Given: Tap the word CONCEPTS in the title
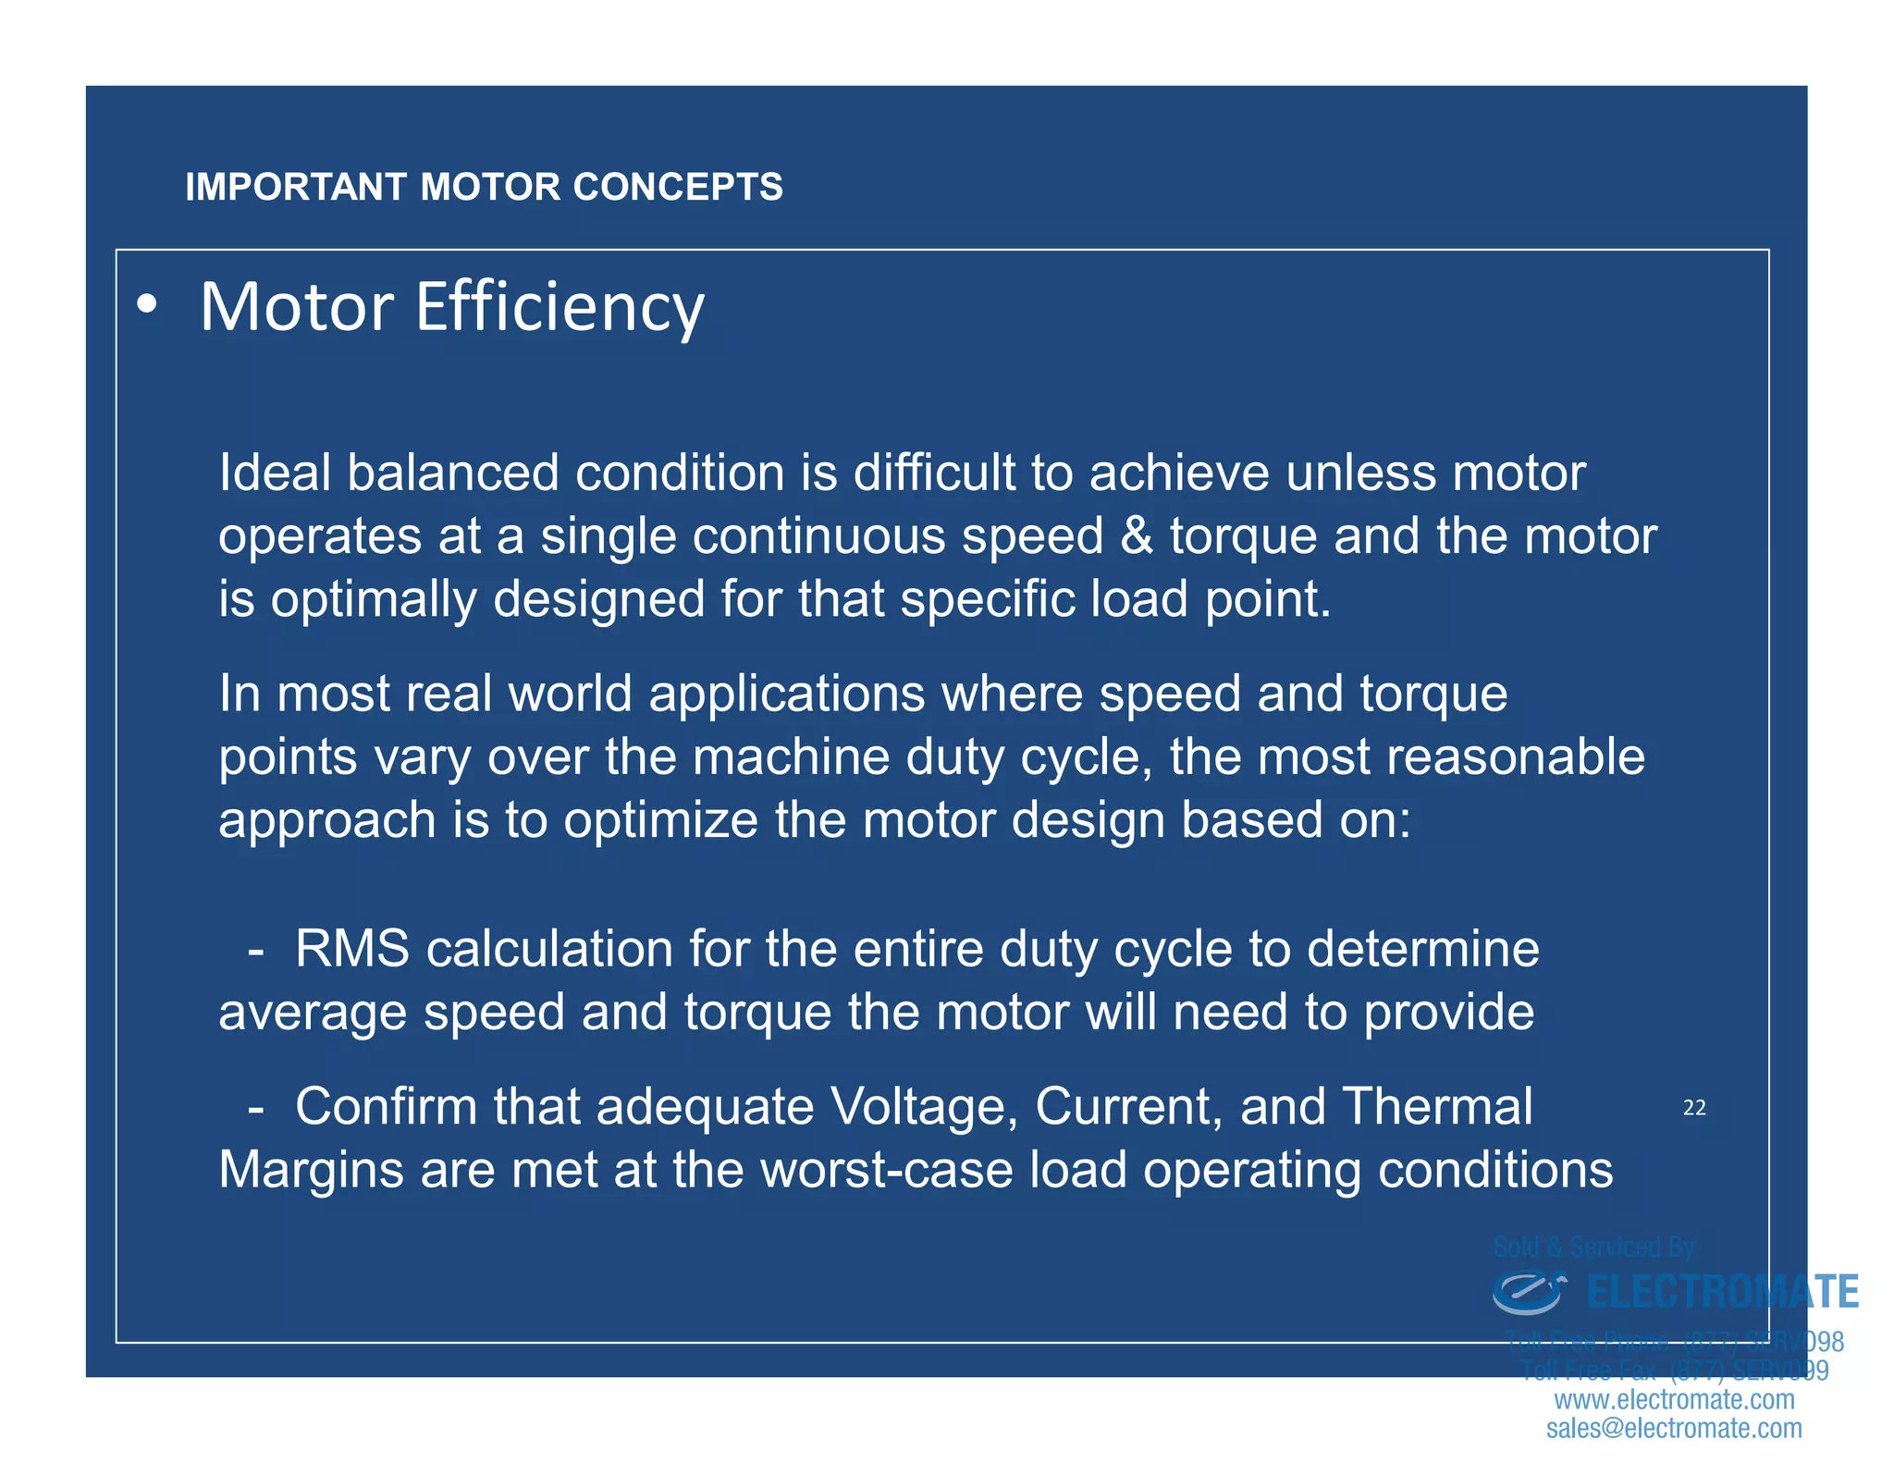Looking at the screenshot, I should [x=678, y=187].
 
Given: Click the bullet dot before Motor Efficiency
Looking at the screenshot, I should [x=146, y=306].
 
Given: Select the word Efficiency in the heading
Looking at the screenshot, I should [x=560, y=308].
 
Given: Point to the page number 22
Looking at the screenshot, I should [x=1694, y=1108].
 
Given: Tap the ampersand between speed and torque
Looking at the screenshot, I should [x=1137, y=536].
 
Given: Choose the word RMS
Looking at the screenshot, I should [x=351, y=949].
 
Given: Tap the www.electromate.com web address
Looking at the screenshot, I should [x=1674, y=1400].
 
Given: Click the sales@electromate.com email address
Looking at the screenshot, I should [x=1674, y=1429].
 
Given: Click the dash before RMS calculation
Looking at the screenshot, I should [x=256, y=951].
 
